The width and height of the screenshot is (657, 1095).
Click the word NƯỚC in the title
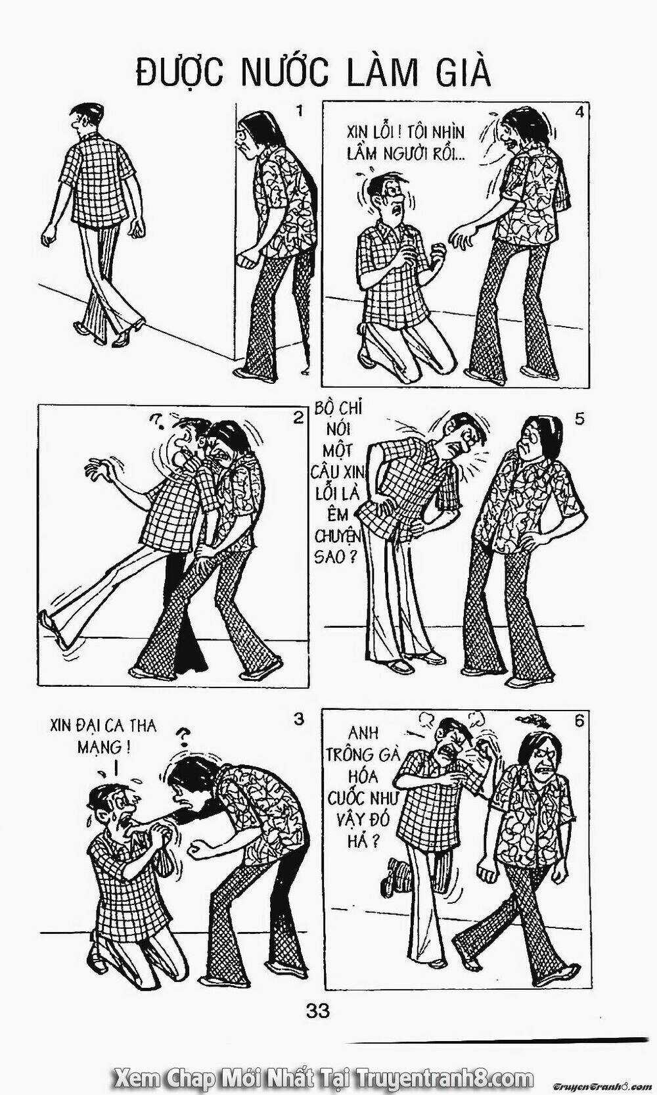tap(283, 73)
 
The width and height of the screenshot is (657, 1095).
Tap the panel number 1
tap(300, 111)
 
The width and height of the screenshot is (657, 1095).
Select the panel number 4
tap(579, 112)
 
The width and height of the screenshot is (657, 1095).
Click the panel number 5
tap(579, 419)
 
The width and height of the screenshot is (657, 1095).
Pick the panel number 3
tap(299, 719)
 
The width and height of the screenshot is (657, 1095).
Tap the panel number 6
tap(578, 720)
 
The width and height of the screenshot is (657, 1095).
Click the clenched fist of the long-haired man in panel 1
tap(246, 258)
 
